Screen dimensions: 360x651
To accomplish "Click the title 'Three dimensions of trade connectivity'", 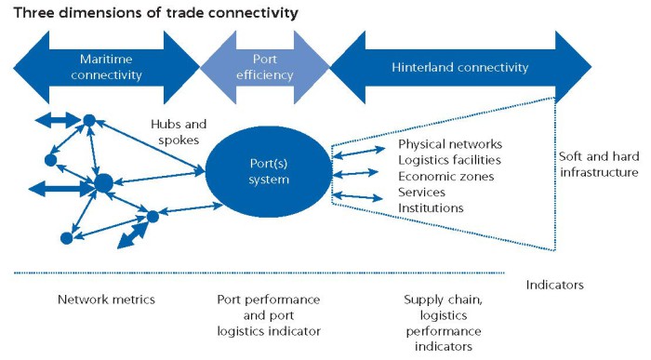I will (154, 13).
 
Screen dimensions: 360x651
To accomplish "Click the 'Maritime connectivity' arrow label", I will (107, 67).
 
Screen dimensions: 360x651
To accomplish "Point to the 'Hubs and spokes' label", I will (179, 132).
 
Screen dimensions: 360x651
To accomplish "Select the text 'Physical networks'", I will (450, 144).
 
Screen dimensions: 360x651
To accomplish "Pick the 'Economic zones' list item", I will (445, 176).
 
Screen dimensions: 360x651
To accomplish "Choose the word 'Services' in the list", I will (423, 192).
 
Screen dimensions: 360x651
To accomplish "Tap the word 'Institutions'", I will (431, 207).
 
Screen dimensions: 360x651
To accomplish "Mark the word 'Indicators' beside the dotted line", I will (554, 285).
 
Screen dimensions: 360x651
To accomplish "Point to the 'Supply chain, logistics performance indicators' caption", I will (443, 322).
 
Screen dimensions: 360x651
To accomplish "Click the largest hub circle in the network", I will (103, 181).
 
